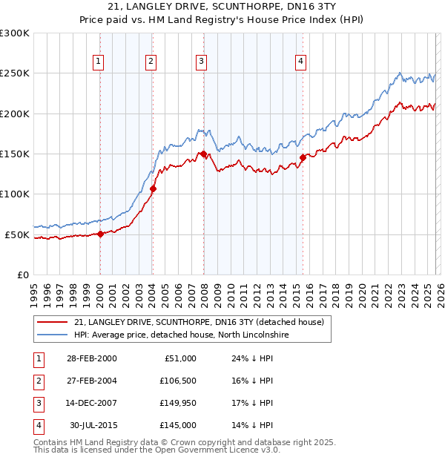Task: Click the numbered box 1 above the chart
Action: (x=99, y=62)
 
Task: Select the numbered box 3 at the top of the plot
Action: (x=201, y=62)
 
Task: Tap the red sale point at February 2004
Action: (x=153, y=188)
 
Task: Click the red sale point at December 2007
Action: (x=202, y=154)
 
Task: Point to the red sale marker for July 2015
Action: (x=303, y=157)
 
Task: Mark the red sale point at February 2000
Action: (x=100, y=234)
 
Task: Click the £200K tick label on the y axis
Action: (x=15, y=114)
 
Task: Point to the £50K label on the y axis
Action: (x=17, y=234)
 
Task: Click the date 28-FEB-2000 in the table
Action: (x=91, y=358)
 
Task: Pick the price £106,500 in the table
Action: (x=177, y=381)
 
